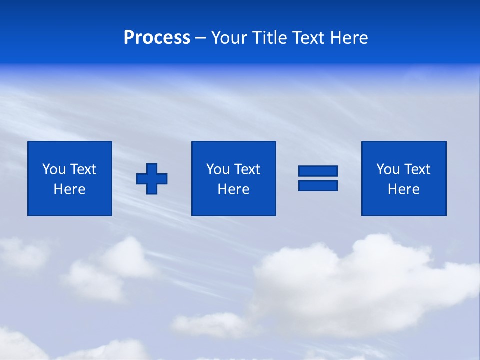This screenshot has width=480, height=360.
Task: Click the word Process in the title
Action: (x=157, y=38)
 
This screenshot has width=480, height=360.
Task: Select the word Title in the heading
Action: (x=270, y=38)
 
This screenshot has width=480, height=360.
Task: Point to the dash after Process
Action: (x=201, y=38)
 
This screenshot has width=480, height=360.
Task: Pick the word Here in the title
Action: (x=348, y=38)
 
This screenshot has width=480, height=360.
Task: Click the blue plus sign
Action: (x=152, y=178)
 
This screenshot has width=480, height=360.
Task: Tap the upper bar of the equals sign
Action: (x=318, y=171)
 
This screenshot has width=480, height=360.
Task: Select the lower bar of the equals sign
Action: (x=318, y=185)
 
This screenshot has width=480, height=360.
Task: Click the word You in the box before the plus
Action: (x=54, y=169)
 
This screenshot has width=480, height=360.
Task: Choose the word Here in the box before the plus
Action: (x=69, y=189)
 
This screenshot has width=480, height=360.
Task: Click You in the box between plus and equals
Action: (x=218, y=169)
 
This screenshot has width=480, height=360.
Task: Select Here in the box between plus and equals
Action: (x=233, y=189)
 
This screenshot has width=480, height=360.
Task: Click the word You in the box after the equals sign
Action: (x=388, y=169)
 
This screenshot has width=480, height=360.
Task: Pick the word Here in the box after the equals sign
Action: (x=403, y=189)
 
